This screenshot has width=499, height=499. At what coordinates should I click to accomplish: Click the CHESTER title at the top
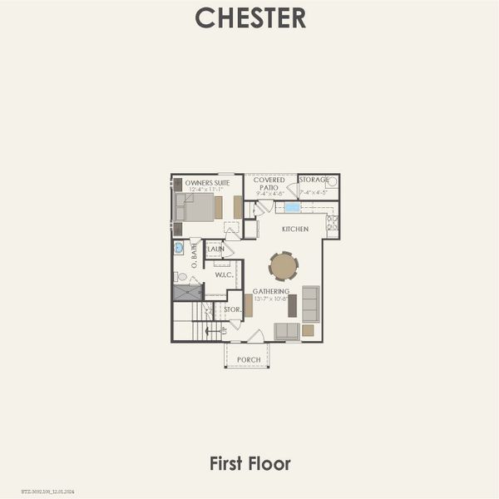point(249,17)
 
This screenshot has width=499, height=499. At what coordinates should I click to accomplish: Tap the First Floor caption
point(249,463)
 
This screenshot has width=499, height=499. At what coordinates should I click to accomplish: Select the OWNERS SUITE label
point(207,182)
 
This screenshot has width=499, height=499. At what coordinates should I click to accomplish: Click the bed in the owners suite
point(196,207)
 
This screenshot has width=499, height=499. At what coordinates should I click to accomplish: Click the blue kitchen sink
point(292,207)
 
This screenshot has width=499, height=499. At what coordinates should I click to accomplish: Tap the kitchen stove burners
point(332,223)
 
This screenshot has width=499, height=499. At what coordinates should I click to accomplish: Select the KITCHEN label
point(295,229)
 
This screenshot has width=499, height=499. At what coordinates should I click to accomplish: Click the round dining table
point(284,266)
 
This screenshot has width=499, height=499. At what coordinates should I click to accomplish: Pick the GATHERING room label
point(271,291)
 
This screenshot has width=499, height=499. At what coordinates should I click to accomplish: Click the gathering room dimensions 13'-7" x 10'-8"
point(271,299)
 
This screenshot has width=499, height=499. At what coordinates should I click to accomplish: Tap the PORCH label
point(248,360)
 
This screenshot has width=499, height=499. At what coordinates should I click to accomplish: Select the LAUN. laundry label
point(215,249)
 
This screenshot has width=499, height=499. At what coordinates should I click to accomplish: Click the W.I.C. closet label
point(223,274)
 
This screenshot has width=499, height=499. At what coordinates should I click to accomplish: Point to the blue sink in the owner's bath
point(179,248)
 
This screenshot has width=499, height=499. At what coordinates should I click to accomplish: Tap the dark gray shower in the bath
point(187,293)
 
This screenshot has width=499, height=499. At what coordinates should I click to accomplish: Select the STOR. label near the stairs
point(232,310)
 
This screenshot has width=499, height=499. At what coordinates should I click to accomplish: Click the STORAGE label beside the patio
point(314,180)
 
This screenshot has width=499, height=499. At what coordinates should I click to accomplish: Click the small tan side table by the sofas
point(308,330)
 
